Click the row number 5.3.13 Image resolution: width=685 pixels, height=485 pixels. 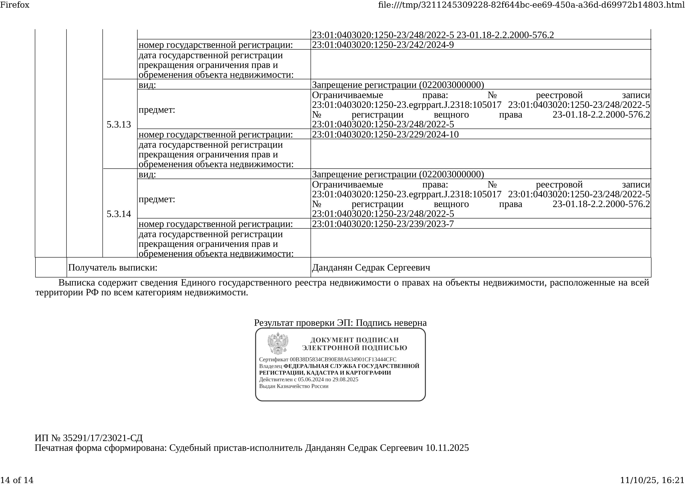(x=119, y=125)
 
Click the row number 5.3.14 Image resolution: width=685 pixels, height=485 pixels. (x=119, y=214)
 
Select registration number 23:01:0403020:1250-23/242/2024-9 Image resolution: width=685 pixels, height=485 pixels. (x=383, y=45)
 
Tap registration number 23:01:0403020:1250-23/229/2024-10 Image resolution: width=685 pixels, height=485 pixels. (x=385, y=134)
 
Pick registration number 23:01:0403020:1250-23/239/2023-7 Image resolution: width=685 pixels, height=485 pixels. (x=383, y=224)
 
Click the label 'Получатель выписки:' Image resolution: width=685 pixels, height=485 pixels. (x=112, y=267)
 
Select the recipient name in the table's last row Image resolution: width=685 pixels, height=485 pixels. (x=371, y=267)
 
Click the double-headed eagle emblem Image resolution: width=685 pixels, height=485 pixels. (x=278, y=343)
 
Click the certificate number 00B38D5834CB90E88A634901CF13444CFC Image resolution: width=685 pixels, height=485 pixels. (x=343, y=359)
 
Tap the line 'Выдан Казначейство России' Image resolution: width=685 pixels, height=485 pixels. (x=294, y=386)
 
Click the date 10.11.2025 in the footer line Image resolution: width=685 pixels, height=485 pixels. (x=447, y=448)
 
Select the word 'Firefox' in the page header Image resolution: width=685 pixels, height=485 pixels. (x=15, y=5)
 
